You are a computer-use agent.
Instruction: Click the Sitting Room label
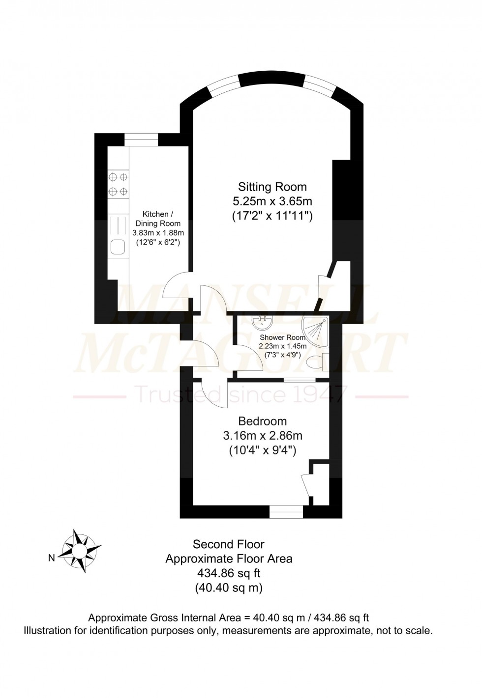pos(272,187)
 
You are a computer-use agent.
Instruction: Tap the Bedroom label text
pos(262,421)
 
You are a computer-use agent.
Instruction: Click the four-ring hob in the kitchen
pos(118,184)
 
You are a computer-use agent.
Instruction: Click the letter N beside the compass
pos(52,558)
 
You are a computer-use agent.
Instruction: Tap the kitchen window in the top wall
pos(142,140)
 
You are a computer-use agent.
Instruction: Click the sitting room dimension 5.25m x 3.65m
pos(272,201)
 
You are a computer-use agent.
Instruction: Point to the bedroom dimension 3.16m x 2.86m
pos(262,436)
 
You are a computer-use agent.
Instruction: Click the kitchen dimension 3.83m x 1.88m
pos(158,233)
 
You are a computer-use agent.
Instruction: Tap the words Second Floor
pos(228,544)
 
